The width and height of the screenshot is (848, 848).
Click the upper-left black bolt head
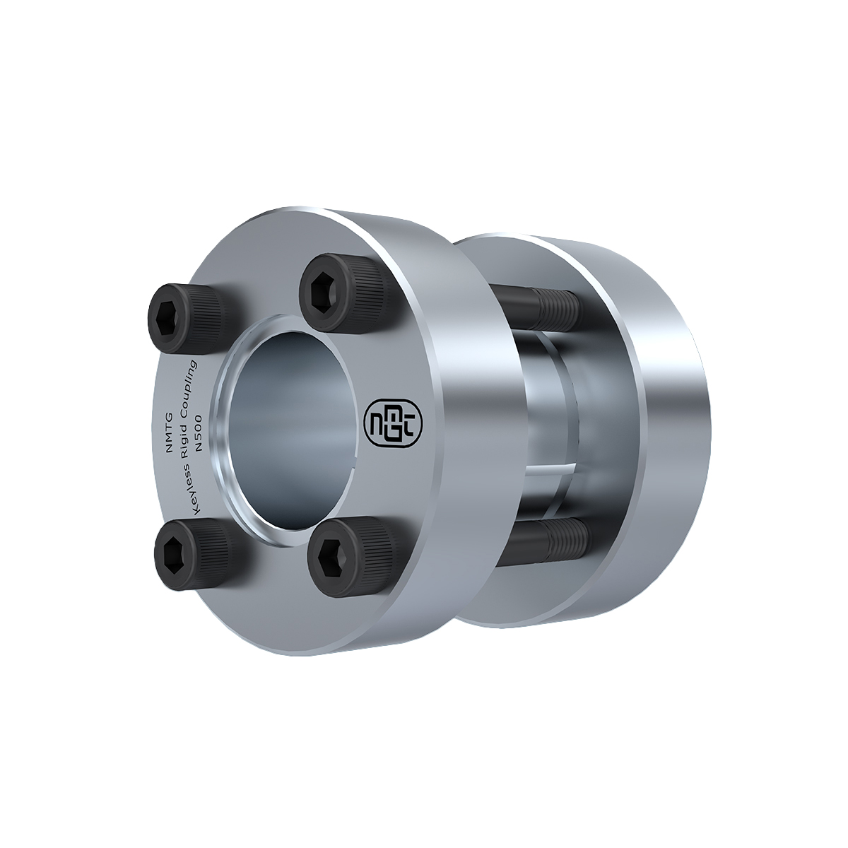pos(187,318)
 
